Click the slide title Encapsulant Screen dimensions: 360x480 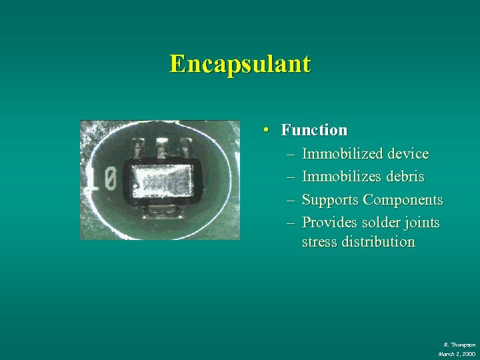tap(240, 64)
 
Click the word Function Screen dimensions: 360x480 tap(314, 130)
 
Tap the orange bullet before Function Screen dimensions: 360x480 tap(266, 129)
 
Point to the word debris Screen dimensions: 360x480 tap(402, 177)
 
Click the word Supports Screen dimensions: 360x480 tap(331, 200)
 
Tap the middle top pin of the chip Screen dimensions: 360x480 tap(162, 145)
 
